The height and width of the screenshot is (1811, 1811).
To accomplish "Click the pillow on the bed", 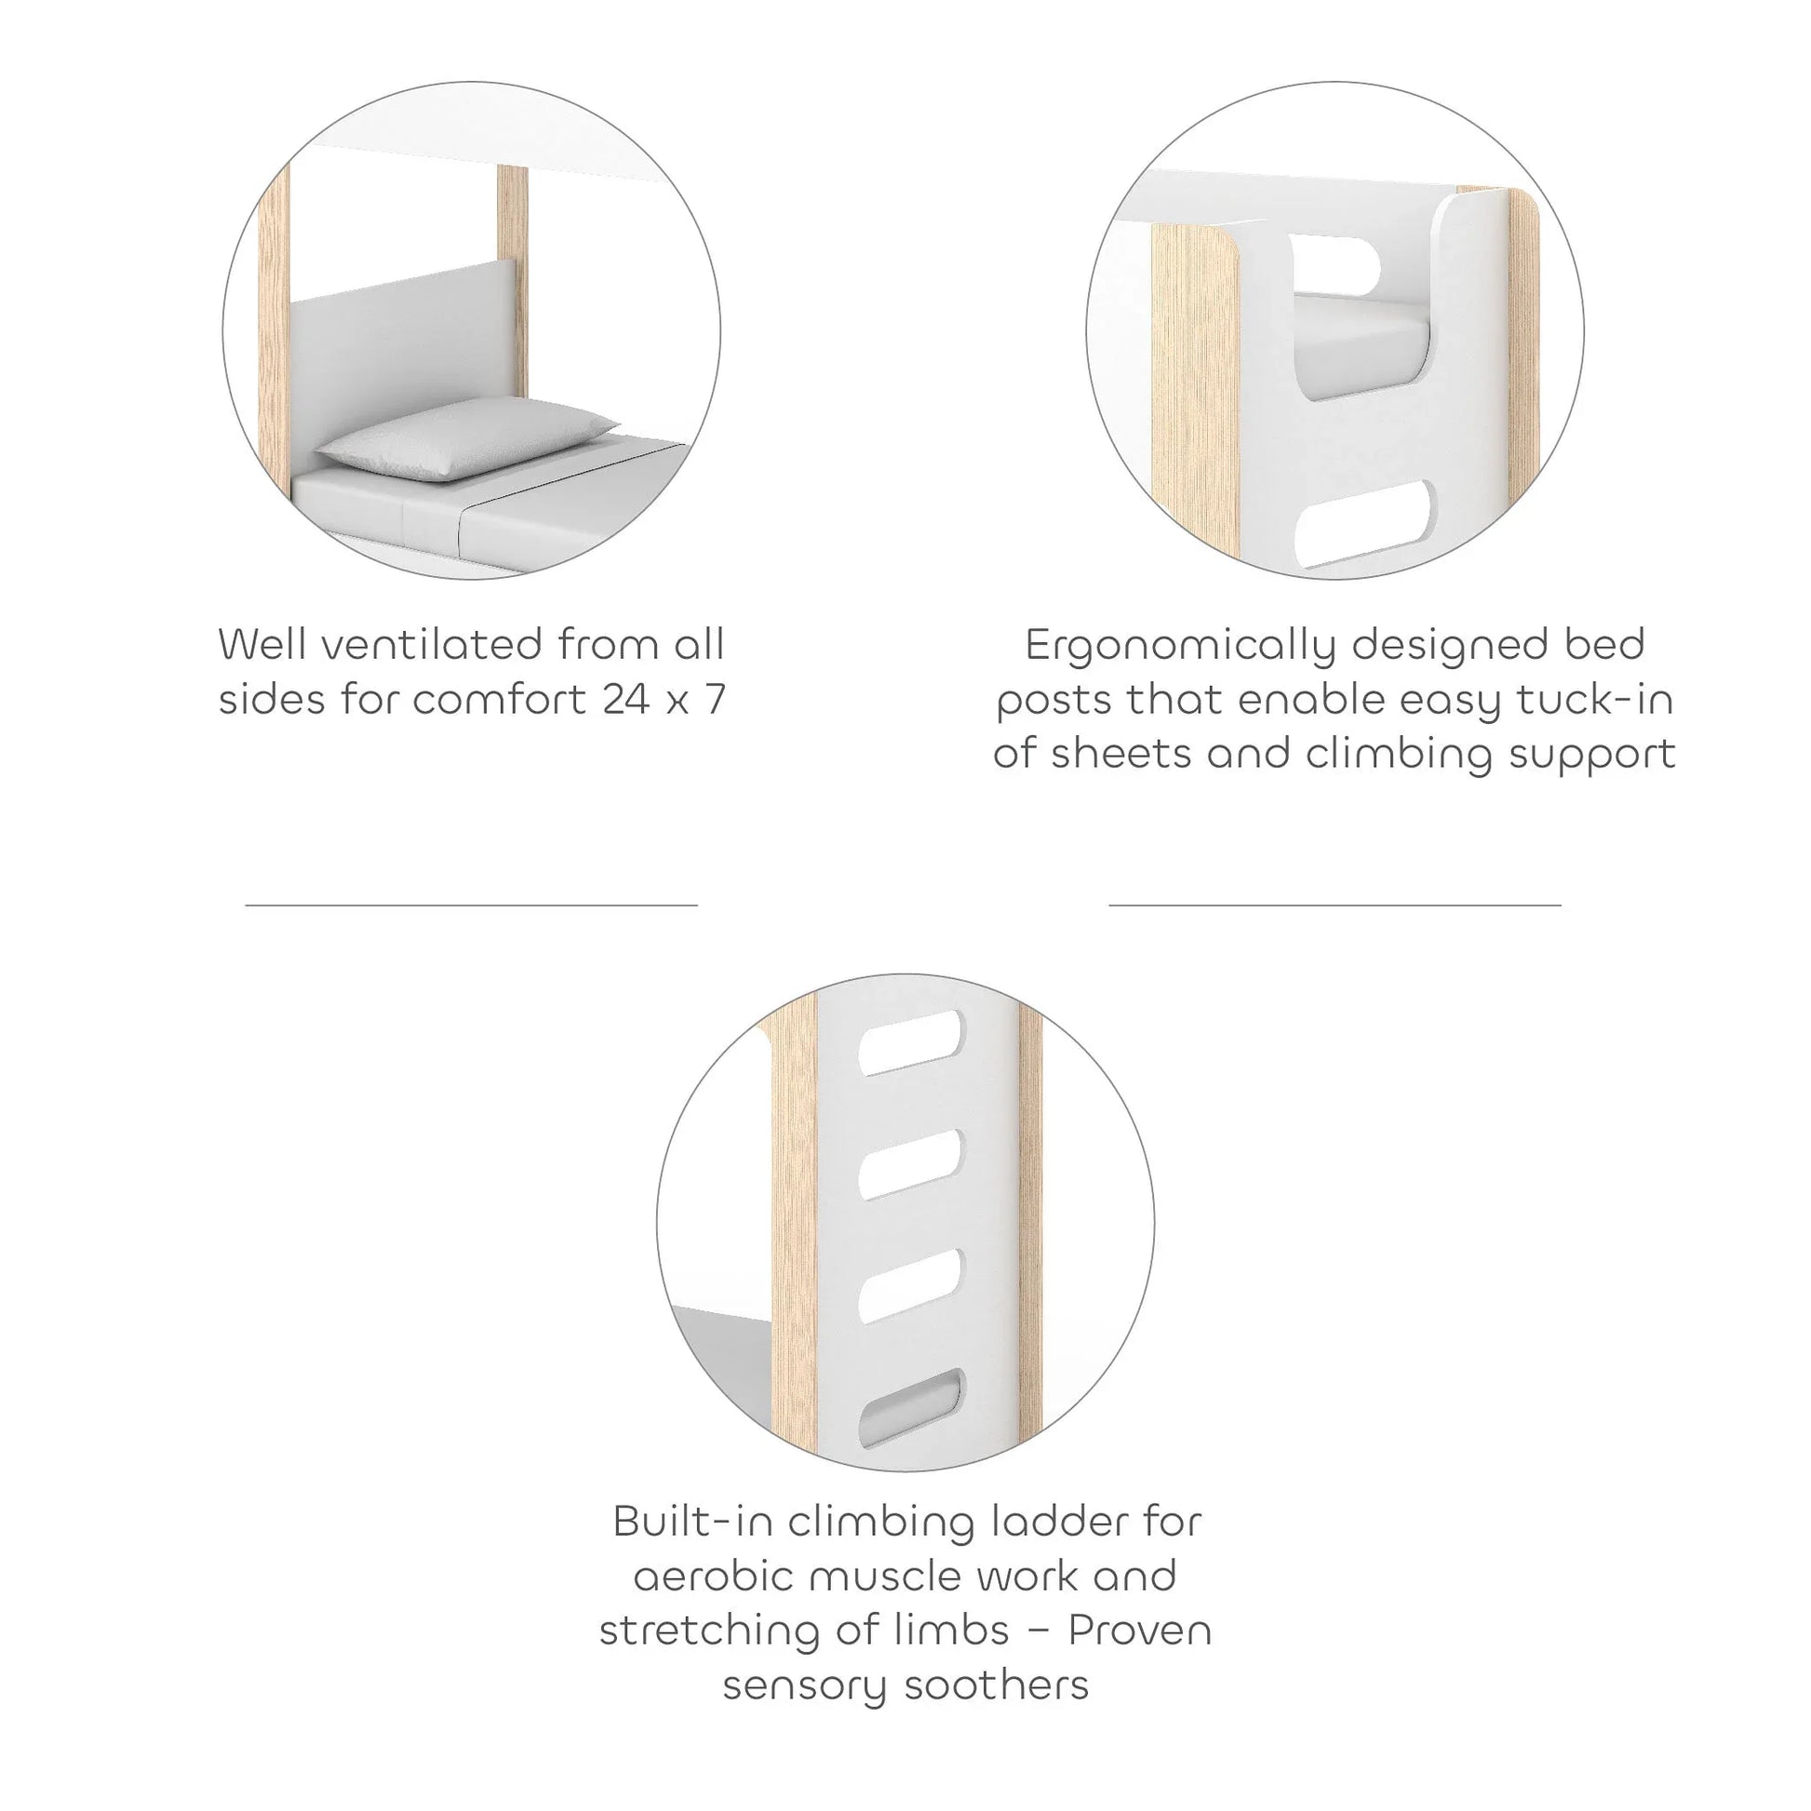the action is tap(466, 437).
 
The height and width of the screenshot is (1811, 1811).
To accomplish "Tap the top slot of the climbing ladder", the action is tap(910, 1041).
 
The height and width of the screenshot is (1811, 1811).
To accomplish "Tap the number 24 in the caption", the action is tap(625, 699).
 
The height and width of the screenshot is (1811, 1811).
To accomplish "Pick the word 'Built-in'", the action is tap(692, 1522).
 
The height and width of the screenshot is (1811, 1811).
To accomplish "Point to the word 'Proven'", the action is tap(1140, 1631).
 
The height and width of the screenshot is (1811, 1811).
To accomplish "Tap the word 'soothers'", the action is tap(997, 1684).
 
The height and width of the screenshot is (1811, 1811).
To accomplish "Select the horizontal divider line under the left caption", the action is tap(472, 905).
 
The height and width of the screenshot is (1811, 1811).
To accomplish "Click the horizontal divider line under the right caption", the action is tap(1335, 905).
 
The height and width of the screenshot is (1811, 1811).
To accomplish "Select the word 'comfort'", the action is tap(500, 699).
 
